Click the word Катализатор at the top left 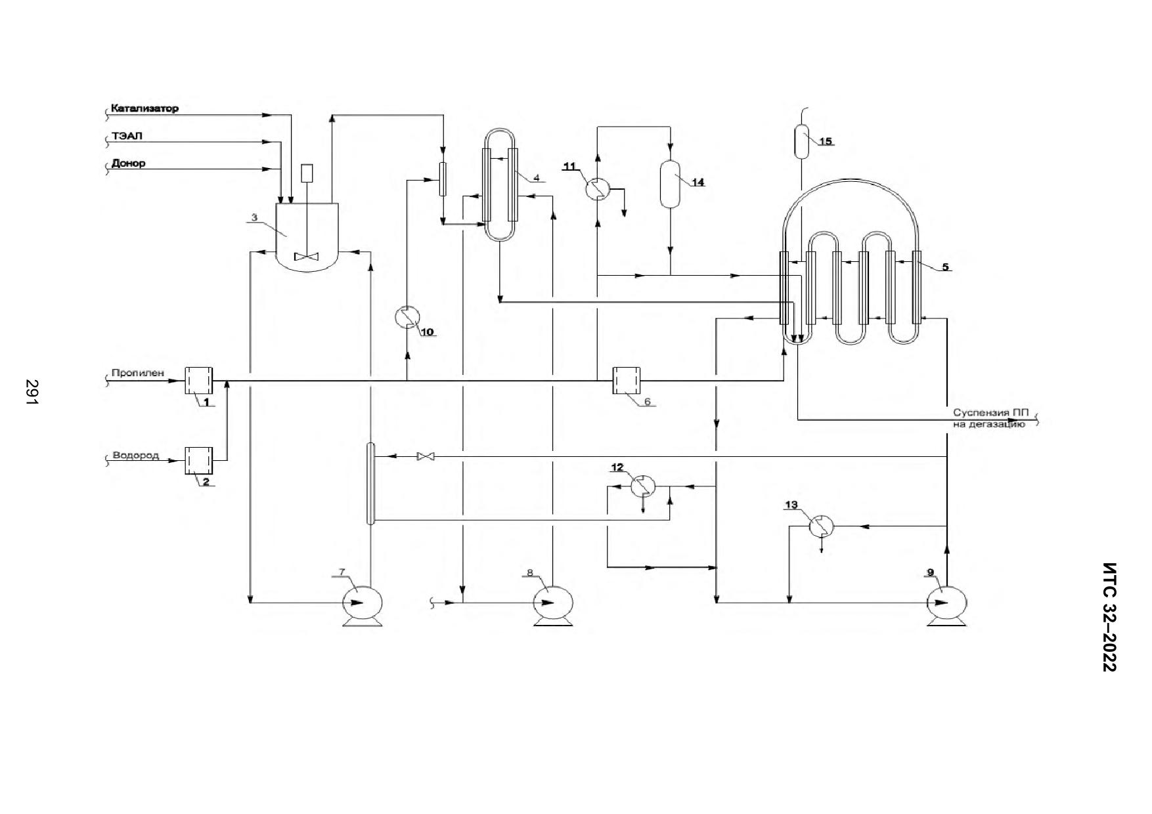click(144, 108)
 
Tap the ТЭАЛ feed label click(127, 136)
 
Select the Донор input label click(129, 163)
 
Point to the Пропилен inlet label click(138, 373)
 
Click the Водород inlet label click(136, 455)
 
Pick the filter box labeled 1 click(199, 380)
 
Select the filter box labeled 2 click(199, 461)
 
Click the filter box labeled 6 click(627, 380)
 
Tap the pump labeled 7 click(362, 604)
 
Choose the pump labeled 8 click(552, 604)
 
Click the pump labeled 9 click(946, 603)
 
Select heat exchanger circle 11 click(598, 189)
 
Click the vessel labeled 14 click(671, 184)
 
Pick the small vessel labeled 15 click(802, 142)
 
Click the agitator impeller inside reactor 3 click(306, 257)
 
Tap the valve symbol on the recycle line click(426, 456)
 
